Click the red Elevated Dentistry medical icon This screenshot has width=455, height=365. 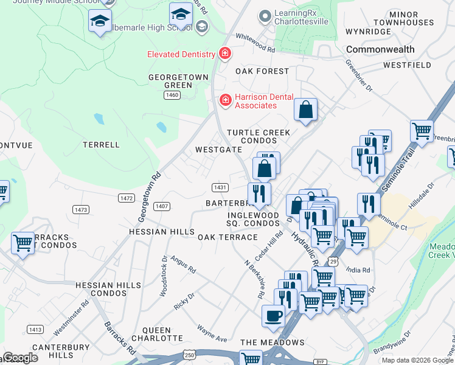(x=224, y=54)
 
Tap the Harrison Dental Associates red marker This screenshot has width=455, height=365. (x=225, y=99)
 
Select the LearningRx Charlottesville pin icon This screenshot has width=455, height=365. (x=264, y=16)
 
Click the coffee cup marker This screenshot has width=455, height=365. (x=273, y=315)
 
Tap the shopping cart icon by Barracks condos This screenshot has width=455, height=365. (x=23, y=243)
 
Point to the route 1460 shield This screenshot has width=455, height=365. (x=172, y=96)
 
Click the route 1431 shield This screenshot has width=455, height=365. (x=220, y=187)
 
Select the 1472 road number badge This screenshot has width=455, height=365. (x=127, y=198)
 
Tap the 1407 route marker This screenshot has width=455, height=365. (x=161, y=206)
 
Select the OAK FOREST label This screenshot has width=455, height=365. (x=262, y=71)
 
